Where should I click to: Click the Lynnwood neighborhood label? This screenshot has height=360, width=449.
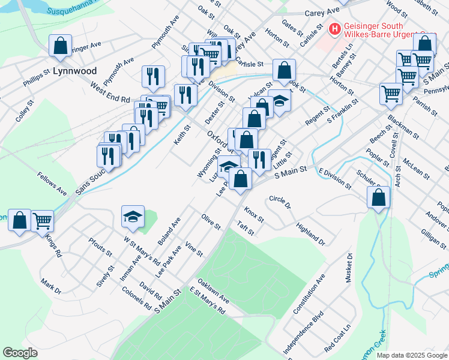point(74,71)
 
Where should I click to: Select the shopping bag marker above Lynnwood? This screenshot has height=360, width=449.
point(60,46)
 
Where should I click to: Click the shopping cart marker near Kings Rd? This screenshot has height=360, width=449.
point(43,221)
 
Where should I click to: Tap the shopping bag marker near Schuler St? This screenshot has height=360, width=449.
point(379,197)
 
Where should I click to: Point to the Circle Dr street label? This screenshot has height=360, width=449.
point(280,202)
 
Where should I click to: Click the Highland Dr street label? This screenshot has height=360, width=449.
point(310,234)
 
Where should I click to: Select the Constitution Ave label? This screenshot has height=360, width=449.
point(309,295)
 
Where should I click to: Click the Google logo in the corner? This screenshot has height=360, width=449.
point(20,353)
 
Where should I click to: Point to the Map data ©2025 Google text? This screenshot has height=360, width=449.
point(412,355)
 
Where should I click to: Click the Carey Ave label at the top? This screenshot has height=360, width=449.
point(322,13)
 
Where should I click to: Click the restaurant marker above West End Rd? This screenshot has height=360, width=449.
point(154,76)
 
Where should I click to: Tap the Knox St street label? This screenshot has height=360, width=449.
point(254,214)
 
